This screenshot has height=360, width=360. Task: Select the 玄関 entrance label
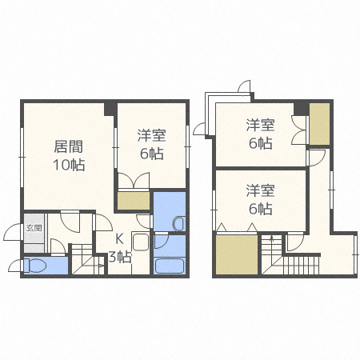(34, 228)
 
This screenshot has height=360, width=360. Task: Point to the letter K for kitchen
(119, 238)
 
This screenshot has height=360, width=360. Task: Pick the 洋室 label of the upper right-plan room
(259, 125)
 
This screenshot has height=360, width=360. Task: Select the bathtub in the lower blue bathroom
(169, 265)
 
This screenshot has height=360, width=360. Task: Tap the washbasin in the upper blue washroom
(178, 222)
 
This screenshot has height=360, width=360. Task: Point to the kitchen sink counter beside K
(140, 245)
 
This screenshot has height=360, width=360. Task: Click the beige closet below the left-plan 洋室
(132, 199)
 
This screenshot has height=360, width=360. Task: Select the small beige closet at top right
(319, 123)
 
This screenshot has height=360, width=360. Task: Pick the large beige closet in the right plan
(237, 254)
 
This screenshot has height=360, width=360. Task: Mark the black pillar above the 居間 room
(110, 108)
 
